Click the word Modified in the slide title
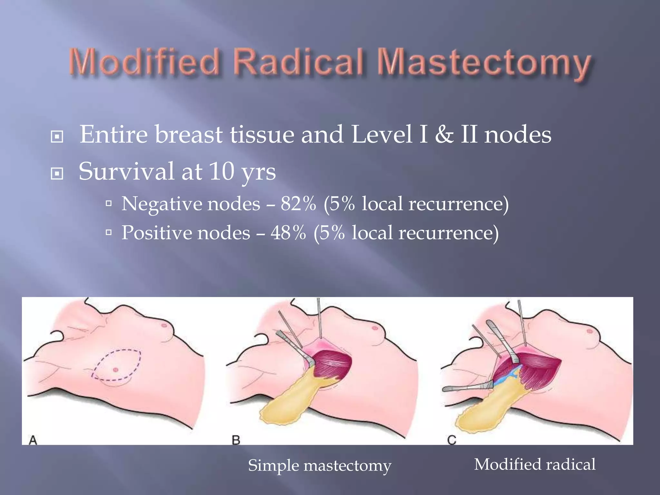coord(144,62)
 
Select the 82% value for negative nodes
coord(298,204)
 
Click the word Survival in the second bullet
coord(126,171)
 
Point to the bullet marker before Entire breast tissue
coord(57,137)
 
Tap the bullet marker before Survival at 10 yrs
coord(57,174)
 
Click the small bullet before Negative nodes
coord(109,204)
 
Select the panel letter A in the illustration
coord(33,440)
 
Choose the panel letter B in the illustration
coord(236,440)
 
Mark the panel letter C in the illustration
coord(452,440)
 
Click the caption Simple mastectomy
coord(319,466)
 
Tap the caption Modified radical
coord(535,464)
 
